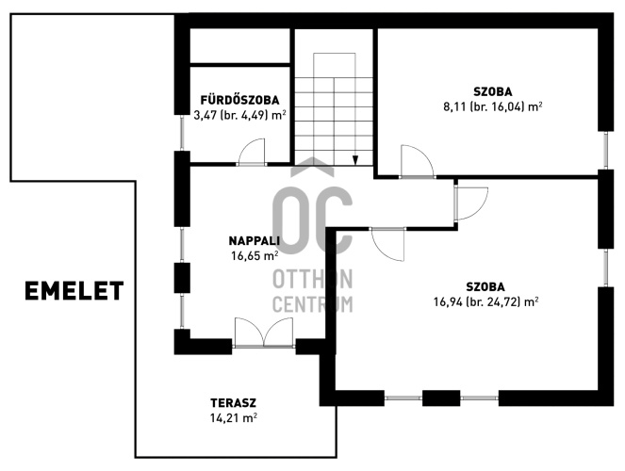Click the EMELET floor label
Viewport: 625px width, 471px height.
point(74,291)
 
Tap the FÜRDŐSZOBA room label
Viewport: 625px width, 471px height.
point(239,100)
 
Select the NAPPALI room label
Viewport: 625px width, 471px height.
point(255,240)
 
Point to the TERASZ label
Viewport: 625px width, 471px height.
point(234,403)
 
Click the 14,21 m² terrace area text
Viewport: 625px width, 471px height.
point(234,417)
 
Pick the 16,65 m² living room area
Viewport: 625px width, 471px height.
point(255,255)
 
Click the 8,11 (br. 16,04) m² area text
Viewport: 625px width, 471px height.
point(493,106)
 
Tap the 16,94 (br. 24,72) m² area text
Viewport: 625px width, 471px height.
point(486,302)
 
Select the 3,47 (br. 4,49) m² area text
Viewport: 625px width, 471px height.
point(239,116)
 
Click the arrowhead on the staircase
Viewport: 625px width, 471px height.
point(355,159)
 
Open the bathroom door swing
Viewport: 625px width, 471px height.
point(252,152)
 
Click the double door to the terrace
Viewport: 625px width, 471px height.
point(264,333)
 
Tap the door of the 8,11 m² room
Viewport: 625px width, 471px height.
point(417,161)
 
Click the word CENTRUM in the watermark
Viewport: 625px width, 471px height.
point(313,304)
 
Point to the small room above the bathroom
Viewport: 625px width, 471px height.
point(240,45)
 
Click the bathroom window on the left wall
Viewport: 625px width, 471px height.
point(182,132)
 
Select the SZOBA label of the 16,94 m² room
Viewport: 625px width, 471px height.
point(485,286)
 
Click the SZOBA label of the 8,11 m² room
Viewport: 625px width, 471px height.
point(493,91)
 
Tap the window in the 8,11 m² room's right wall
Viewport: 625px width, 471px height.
point(605,150)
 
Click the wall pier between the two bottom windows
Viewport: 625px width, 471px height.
point(441,398)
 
